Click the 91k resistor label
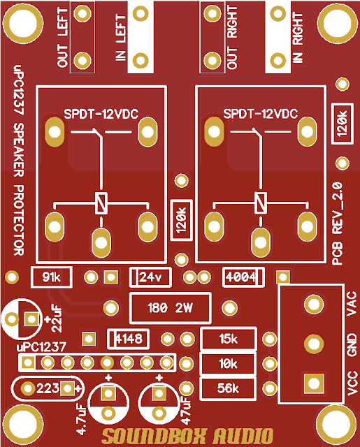(x=52, y=277)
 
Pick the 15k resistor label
(x=228, y=339)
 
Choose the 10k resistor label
(x=228, y=364)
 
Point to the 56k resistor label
(x=228, y=388)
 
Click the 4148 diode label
(x=129, y=339)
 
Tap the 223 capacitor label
(x=48, y=388)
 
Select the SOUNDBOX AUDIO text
(x=186, y=437)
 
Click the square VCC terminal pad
(x=312, y=382)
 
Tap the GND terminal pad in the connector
(x=312, y=343)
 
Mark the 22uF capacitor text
(x=57, y=319)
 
